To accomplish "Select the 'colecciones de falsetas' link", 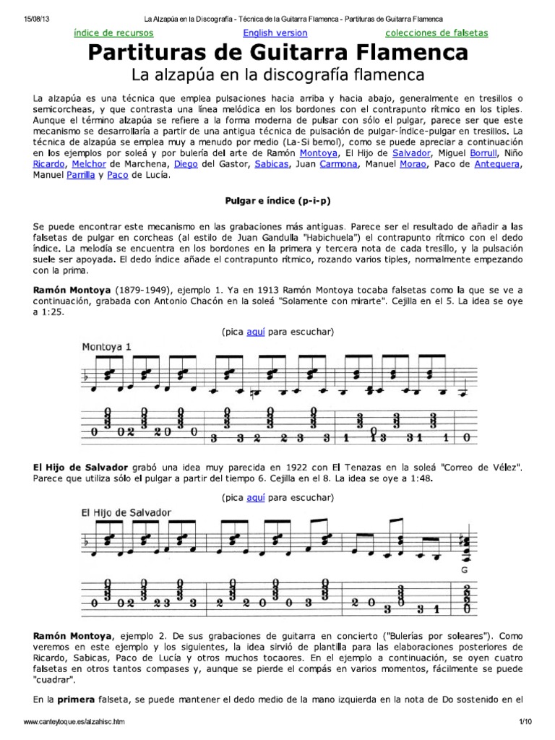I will point(436,33).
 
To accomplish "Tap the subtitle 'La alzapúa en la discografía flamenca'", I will point(277,74).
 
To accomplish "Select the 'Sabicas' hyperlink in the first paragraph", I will point(270,164).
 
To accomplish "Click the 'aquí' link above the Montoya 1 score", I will point(257,332).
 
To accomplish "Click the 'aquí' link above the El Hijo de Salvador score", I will point(257,498).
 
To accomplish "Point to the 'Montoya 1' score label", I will point(106,346).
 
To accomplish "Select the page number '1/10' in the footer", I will point(525,723).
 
